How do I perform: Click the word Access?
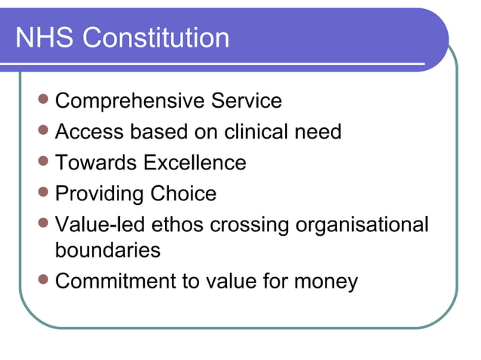pos(90,132)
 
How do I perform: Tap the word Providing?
pos(100,194)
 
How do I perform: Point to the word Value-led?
pos(103,225)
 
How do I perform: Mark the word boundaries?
pos(108,249)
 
